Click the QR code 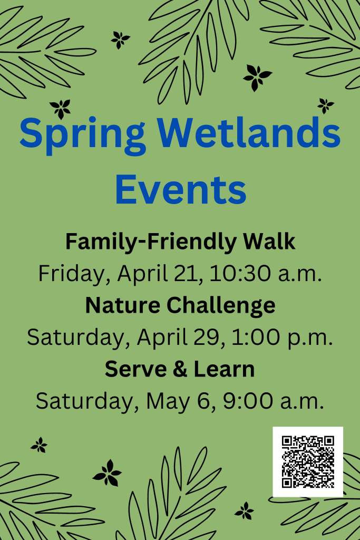coord(308,462)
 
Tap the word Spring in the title coord(83,136)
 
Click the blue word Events coord(181,189)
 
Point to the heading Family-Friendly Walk coord(180,242)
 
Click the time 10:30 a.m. coord(266,274)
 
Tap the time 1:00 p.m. coord(282,338)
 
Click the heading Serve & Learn coord(180,369)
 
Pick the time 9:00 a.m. coord(274,401)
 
